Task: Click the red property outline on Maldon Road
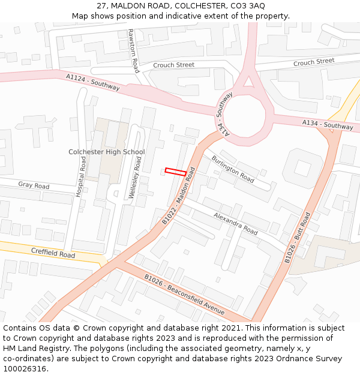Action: [175, 172]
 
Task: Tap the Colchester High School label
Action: [107, 152]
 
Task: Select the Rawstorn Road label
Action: [134, 51]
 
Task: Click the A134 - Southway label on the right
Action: [328, 125]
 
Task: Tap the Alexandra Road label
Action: [236, 223]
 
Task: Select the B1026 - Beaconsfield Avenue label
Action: [184, 295]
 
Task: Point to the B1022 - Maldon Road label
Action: [179, 196]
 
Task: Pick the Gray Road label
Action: [34, 185]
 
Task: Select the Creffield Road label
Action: [53, 254]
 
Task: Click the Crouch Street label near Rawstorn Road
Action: [174, 65]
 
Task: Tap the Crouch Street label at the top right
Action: [314, 62]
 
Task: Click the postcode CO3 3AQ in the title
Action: [247, 5]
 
